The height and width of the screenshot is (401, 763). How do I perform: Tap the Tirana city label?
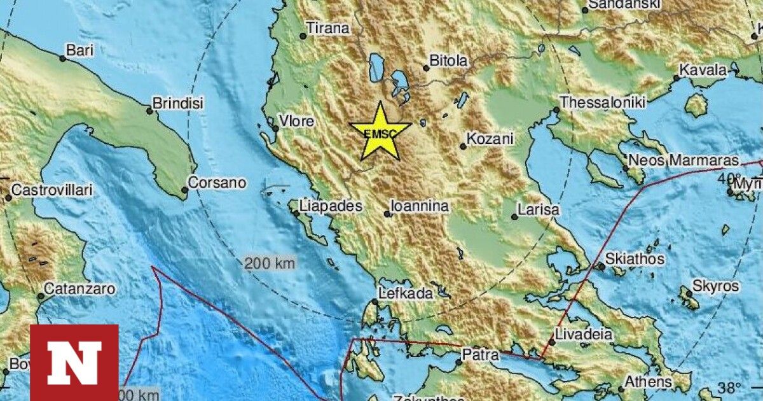tap(328, 28)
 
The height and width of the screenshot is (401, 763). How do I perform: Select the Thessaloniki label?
tap(603, 102)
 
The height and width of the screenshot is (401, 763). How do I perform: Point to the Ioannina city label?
tap(420, 206)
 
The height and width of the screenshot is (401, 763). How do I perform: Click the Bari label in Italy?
tap(80, 50)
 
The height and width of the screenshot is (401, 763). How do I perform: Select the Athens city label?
tap(649, 383)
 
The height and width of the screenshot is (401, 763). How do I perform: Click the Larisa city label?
tap(539, 209)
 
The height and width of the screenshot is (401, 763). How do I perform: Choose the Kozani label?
tap(490, 138)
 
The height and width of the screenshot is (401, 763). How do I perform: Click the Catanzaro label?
tap(80, 289)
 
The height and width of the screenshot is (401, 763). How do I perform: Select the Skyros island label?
tap(716, 286)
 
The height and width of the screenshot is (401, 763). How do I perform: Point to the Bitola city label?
tap(449, 61)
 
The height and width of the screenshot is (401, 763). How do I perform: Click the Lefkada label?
tap(406, 293)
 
